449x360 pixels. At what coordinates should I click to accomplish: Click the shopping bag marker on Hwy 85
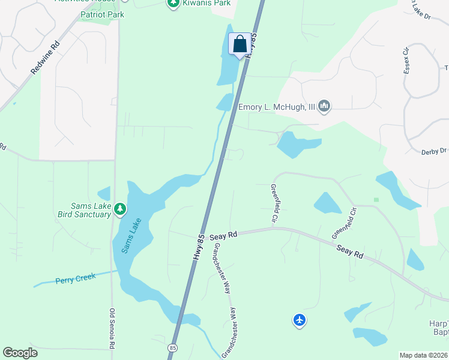pos(240,44)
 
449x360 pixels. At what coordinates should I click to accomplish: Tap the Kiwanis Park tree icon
pos(173,4)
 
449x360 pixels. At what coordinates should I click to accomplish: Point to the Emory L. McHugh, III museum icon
pos(325,107)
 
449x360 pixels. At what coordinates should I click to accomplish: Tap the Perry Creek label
pos(76,280)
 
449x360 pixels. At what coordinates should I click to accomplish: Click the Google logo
pos(20,353)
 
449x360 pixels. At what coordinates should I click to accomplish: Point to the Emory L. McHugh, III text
pos(277,107)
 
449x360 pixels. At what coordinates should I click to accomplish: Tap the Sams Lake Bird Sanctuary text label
pos(85,210)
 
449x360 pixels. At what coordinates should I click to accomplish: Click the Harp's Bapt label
pos(438,328)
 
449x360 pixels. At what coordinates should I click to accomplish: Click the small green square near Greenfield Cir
pos(376,199)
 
